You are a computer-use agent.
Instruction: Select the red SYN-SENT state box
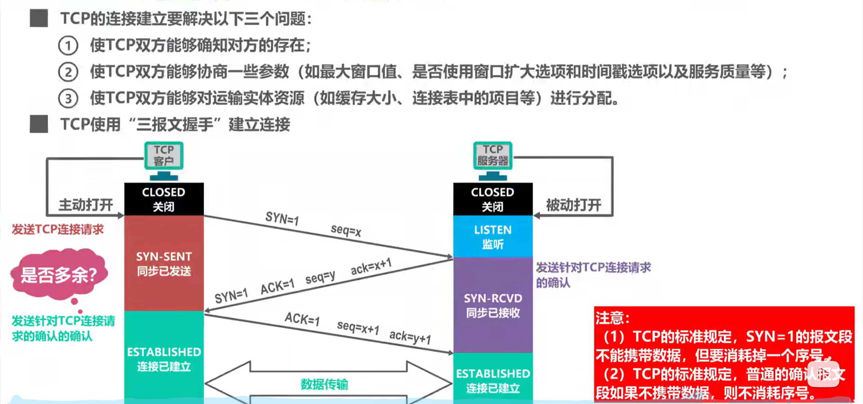(164, 263)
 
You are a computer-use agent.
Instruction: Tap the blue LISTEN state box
(493, 237)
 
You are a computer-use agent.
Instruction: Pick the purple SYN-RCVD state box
(493, 305)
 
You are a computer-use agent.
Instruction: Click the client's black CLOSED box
(164, 199)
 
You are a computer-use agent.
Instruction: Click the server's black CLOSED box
(493, 199)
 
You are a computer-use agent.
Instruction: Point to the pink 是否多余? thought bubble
(59, 275)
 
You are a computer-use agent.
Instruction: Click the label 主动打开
(86, 205)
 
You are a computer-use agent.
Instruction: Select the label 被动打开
(573, 205)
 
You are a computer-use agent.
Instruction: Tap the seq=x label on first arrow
(346, 230)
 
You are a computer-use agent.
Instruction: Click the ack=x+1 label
(371, 267)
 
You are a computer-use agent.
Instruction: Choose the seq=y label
(320, 277)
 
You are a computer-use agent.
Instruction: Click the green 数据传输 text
(324, 384)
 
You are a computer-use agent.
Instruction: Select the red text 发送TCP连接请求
(58, 230)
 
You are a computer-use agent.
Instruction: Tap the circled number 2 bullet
(68, 72)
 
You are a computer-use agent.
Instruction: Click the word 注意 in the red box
(612, 318)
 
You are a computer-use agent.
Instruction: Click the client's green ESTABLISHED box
(164, 358)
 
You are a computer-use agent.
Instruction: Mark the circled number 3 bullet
(68, 99)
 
